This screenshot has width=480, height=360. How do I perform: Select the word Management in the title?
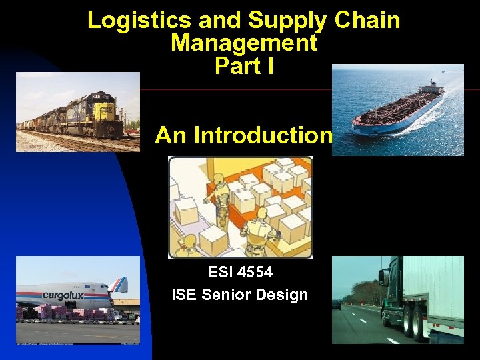[243, 43]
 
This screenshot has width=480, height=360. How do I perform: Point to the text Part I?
[244, 66]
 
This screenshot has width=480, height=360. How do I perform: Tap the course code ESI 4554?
[240, 272]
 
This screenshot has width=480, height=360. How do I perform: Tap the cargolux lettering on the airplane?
[63, 295]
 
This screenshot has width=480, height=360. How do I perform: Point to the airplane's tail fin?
[120, 285]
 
